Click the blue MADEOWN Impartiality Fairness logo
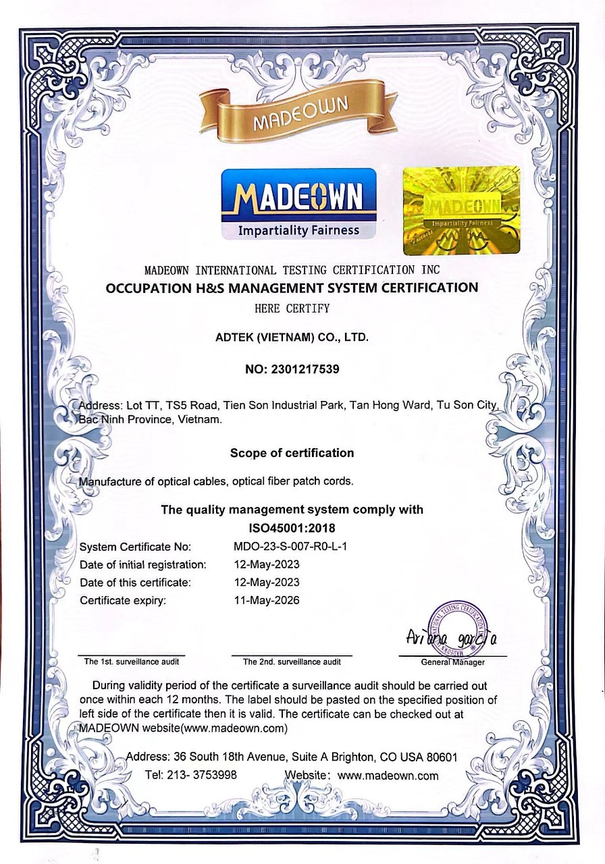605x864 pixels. point(299,204)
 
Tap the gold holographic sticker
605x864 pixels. point(461,210)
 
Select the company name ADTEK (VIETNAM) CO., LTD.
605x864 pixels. point(292,335)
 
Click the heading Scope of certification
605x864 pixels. point(292,452)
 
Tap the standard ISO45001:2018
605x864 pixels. point(292,528)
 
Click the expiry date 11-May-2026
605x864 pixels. point(266,600)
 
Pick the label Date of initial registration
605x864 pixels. point(142,564)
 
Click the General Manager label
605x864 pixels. point(452,662)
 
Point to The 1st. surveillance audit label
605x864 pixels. point(131,661)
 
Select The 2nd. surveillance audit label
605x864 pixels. point(292,662)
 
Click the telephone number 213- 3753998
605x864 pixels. point(203,775)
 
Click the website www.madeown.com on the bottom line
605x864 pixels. point(388,776)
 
